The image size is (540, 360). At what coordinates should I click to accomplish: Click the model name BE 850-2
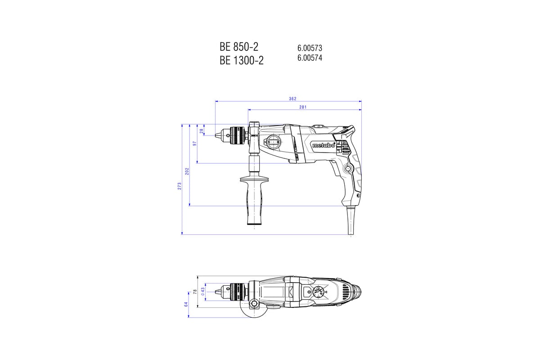click(x=238, y=46)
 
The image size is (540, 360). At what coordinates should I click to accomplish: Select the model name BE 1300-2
click(x=242, y=60)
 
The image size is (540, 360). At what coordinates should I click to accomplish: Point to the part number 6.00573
click(x=310, y=48)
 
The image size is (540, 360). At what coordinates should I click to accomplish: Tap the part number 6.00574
click(x=310, y=58)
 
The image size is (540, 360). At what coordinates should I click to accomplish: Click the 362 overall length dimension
click(x=292, y=99)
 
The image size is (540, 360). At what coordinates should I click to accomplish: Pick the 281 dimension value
click(x=303, y=107)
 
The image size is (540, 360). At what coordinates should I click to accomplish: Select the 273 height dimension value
click(x=180, y=186)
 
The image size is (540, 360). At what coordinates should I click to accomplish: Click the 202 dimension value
click(x=187, y=171)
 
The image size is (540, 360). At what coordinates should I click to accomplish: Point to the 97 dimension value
click(x=195, y=144)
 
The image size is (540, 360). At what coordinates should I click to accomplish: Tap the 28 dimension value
click(x=202, y=131)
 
